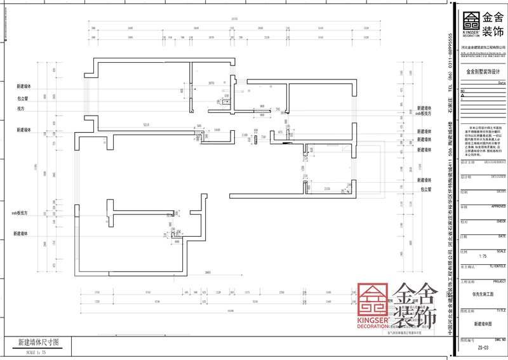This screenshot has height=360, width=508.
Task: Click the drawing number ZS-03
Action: tap(483, 348)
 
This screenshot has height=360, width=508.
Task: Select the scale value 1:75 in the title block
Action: tap(482, 256)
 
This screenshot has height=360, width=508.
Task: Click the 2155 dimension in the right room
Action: tap(328, 189)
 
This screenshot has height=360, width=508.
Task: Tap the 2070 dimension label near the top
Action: tap(211, 83)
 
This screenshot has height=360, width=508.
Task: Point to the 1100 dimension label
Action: tap(244, 135)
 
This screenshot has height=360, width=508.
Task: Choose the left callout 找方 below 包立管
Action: tap(21, 109)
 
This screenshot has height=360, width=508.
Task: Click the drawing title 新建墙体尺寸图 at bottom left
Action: tap(37, 342)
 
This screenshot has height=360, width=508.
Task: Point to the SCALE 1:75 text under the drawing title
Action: tap(37, 351)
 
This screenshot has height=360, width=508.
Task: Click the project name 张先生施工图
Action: tap(483, 294)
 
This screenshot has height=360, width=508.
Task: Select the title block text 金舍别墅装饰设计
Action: tap(483, 72)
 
